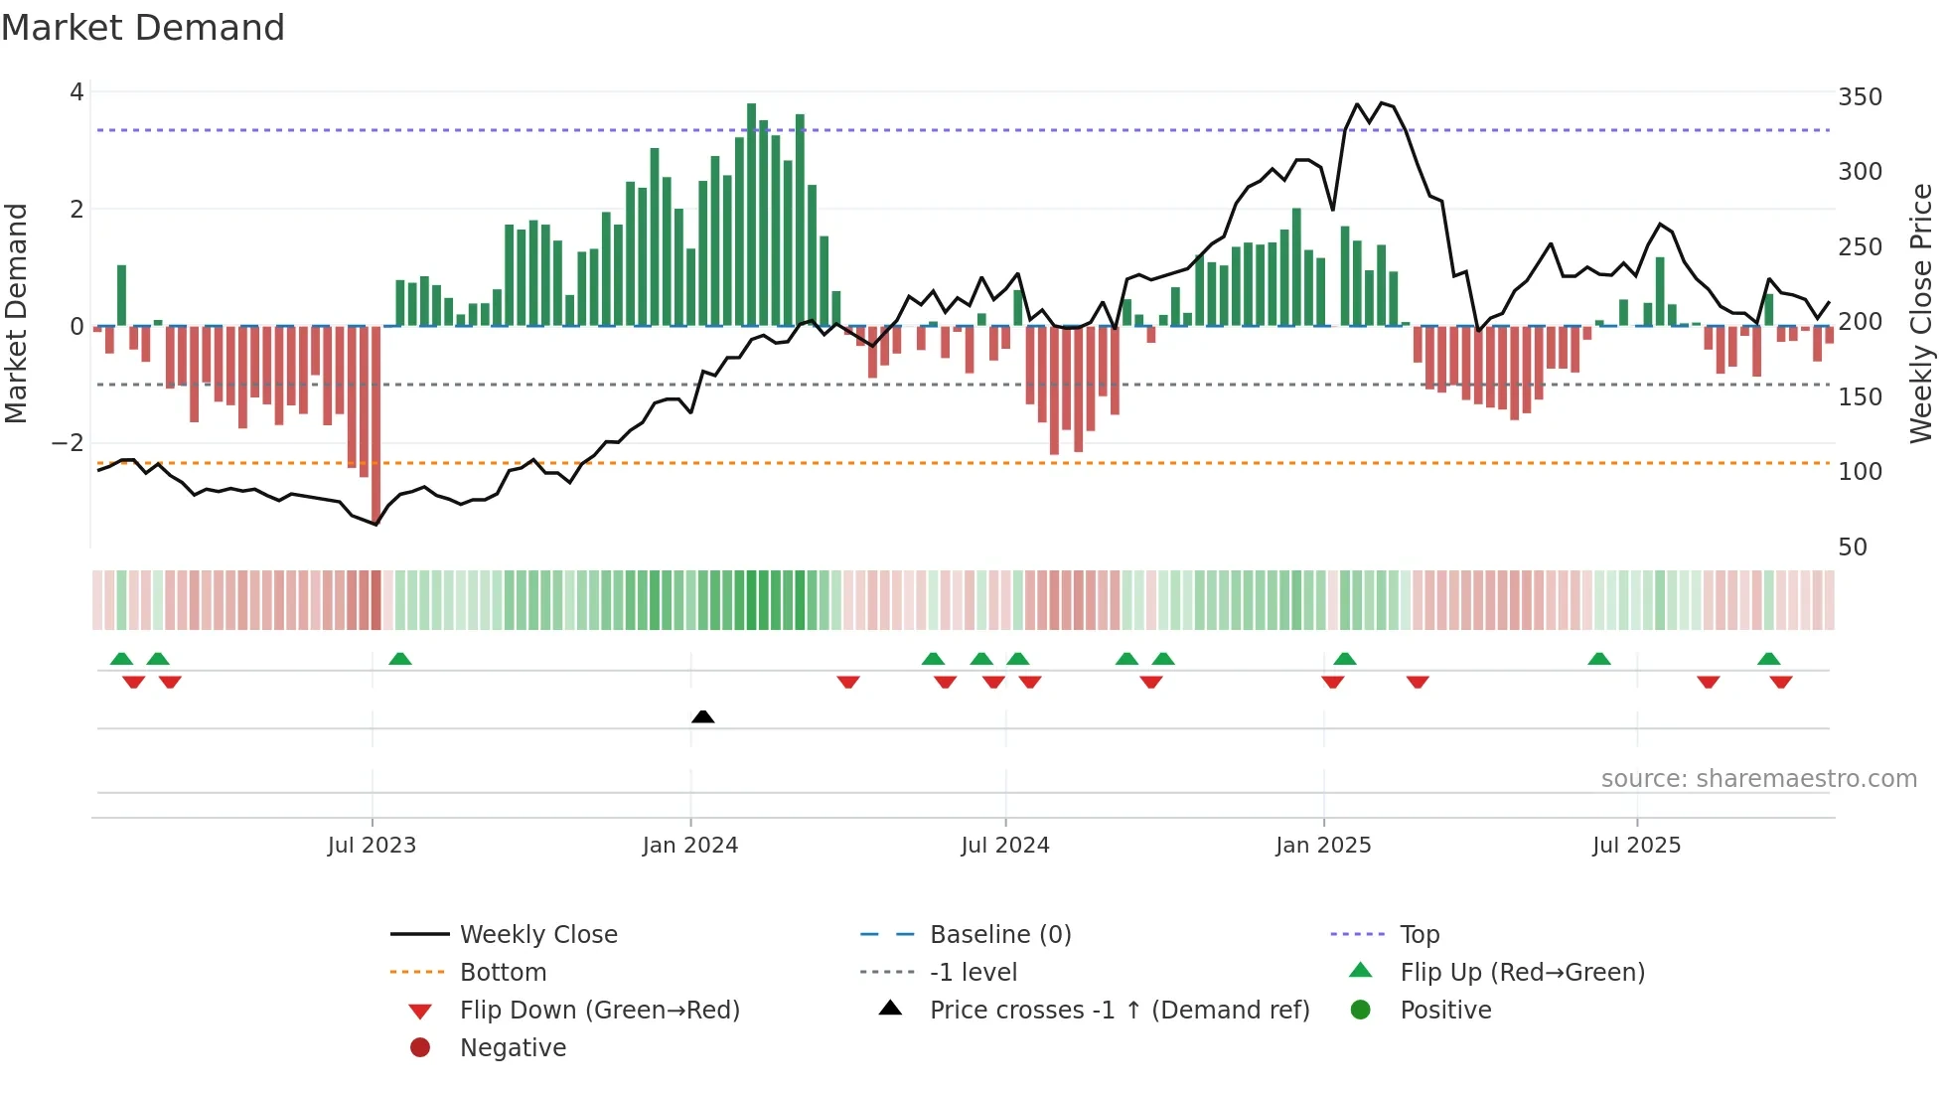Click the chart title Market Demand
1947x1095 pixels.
143,28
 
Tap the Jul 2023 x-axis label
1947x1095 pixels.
372,846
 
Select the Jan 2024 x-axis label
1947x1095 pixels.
689,846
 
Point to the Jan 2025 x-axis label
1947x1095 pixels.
1323,846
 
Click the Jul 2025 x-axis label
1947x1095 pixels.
1636,846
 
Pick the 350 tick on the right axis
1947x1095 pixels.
1860,97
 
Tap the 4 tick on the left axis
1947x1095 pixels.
76,92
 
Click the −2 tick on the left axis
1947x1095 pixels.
68,443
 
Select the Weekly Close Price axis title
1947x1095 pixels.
1921,313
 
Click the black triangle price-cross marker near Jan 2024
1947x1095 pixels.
702,716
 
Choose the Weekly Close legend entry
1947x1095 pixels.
537,935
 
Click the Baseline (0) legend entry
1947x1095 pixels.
999,935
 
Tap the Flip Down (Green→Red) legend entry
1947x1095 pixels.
599,1011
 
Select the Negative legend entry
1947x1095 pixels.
513,1048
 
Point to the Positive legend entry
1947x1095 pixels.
1445,1011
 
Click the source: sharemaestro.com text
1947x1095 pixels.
1758,779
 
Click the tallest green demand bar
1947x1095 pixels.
751,214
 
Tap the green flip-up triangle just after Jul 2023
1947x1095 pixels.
400,659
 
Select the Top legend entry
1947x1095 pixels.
1419,935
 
